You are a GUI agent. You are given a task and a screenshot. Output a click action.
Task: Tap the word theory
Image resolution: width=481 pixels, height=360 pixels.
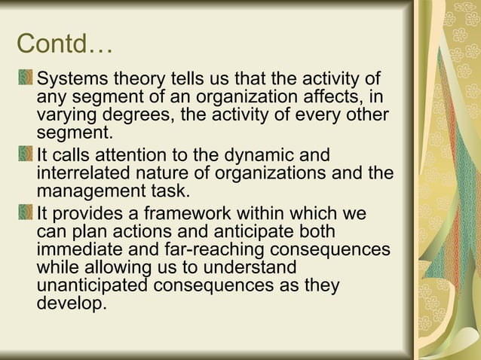(x=140, y=80)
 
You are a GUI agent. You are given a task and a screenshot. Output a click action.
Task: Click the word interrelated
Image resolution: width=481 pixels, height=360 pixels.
(x=86, y=174)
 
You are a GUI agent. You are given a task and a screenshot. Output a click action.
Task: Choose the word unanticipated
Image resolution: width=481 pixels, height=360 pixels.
(x=92, y=287)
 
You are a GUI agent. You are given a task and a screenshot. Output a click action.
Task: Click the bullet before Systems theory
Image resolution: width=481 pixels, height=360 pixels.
(x=27, y=78)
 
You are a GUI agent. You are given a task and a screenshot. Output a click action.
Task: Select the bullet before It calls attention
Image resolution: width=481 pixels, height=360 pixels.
(x=27, y=155)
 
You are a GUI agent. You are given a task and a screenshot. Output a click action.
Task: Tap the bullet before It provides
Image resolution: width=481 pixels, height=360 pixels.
(x=27, y=213)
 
